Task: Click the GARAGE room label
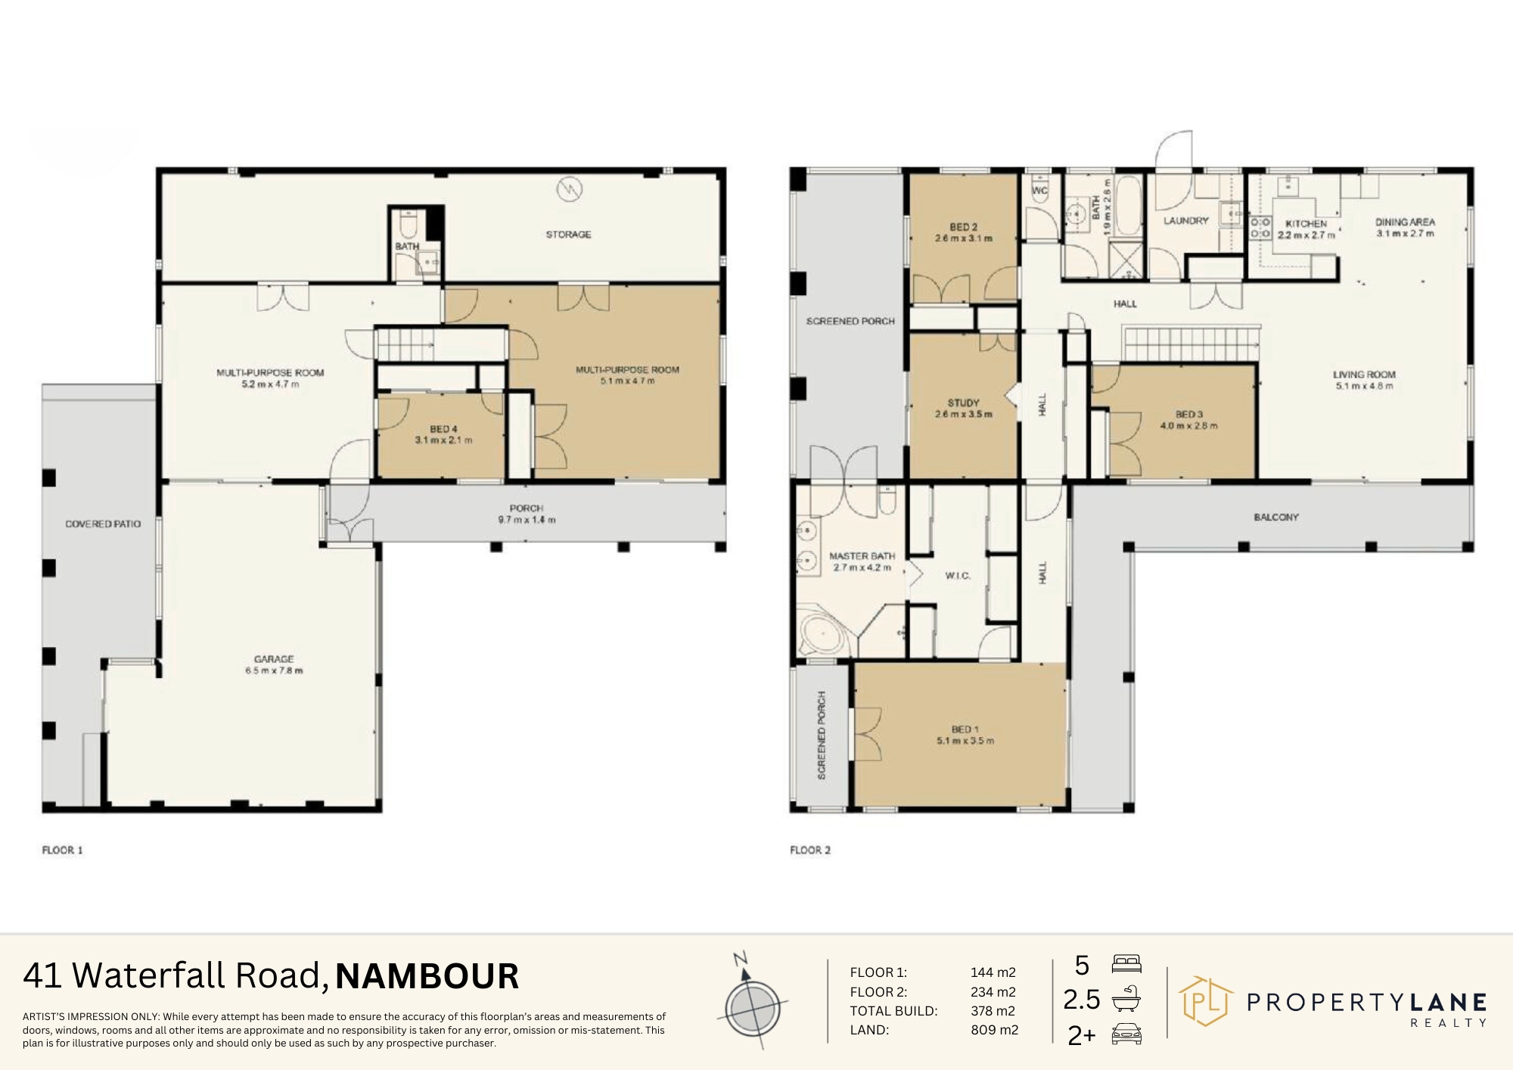point(274,659)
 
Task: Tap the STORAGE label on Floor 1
point(568,235)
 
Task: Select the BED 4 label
point(443,429)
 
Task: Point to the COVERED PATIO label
point(103,524)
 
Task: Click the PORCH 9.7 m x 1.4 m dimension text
point(526,520)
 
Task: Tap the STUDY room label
point(963,403)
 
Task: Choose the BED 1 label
point(962,729)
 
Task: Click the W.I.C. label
point(957,576)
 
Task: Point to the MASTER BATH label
point(862,556)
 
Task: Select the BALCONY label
point(1276,518)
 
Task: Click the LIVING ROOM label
point(1364,375)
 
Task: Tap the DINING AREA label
point(1405,222)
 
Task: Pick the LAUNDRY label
point(1185,221)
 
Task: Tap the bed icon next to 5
point(1126,965)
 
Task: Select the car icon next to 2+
point(1126,1035)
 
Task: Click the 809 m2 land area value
point(994,1030)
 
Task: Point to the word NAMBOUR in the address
point(427,976)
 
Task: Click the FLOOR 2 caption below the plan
point(810,850)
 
